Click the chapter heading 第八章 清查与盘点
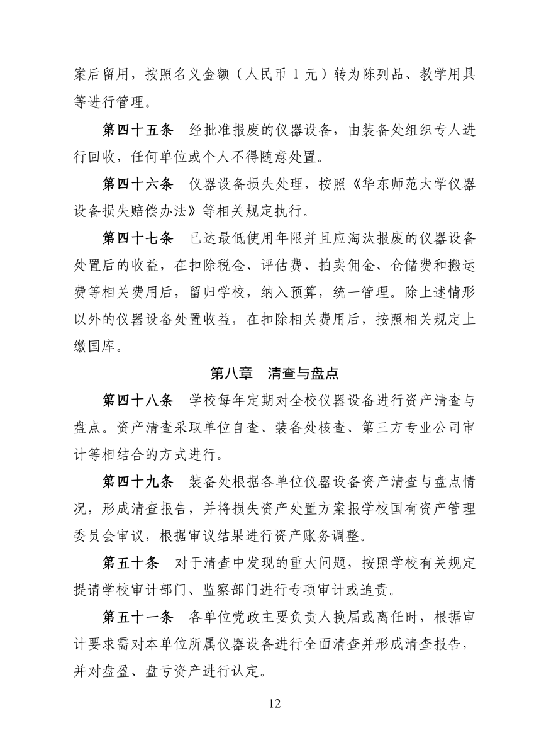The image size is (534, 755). pyautogui.click(x=274, y=374)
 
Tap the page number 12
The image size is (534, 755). pyautogui.click(x=274, y=703)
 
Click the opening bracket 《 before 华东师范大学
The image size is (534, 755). pyautogui.click(x=340, y=184)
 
